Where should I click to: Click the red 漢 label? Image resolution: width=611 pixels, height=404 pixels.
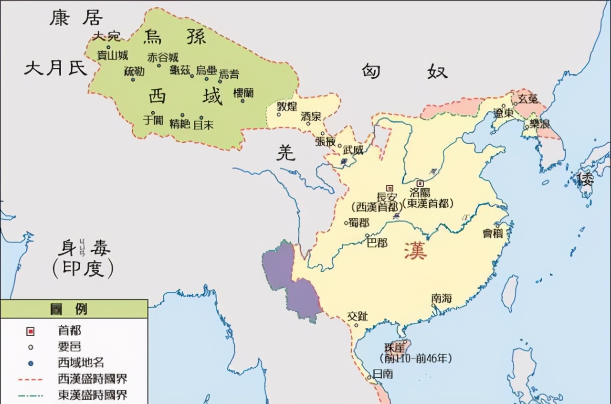coord(415,251)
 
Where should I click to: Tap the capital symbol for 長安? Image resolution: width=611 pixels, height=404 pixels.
coord(390,188)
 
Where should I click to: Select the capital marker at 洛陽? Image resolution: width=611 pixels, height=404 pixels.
coord(420,183)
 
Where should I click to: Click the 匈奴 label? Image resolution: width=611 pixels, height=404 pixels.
coord(404,71)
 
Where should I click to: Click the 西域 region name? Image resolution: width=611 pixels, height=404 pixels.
coord(185,96)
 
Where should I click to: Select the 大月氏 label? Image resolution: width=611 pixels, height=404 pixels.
coord(56,68)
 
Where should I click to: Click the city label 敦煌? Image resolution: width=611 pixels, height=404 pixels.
coord(287,106)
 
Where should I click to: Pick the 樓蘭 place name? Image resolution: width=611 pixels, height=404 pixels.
coord(243,93)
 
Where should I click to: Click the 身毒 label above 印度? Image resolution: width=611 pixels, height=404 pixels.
coord(84,248)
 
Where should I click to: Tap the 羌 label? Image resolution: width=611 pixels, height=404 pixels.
coord(286,152)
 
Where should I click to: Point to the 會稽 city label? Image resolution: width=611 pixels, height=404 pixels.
coord(493,233)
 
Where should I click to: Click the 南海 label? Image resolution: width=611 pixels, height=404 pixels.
coord(441,298)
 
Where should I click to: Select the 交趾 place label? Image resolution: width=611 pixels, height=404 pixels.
coord(358,316)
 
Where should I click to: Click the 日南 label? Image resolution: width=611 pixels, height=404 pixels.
coord(383,373)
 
